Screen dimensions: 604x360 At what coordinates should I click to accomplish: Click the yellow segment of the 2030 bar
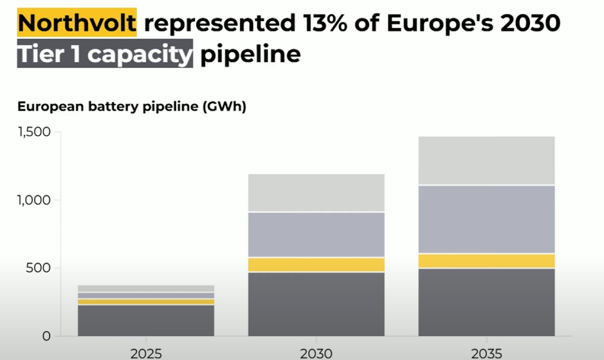[316, 265]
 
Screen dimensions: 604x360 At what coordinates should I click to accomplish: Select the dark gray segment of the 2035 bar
[486, 302]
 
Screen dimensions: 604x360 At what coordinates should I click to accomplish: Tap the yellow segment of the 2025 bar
[146, 302]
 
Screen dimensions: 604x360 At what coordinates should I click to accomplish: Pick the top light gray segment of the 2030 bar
[316, 193]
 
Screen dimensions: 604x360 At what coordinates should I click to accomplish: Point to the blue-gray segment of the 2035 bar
[486, 219]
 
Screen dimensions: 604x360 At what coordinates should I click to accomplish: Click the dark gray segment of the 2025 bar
[146, 321]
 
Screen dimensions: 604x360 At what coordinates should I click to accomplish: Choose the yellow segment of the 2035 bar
[486, 261]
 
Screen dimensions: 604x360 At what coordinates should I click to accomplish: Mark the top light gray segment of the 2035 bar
[486, 161]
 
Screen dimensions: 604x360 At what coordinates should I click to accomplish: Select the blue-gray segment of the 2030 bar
[316, 235]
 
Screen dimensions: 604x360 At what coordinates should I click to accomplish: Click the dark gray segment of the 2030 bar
[316, 305]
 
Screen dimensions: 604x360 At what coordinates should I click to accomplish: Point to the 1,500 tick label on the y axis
[34, 132]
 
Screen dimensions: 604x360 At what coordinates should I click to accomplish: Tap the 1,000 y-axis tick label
[34, 200]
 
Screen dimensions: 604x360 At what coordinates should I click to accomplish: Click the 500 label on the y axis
[38, 268]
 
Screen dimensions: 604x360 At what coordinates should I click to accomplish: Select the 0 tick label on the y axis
[46, 336]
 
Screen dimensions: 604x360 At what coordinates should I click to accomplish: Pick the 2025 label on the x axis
[146, 354]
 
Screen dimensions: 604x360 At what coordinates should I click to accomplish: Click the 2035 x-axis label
[486, 354]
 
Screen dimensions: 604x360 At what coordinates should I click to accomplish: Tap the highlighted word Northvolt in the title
[77, 22]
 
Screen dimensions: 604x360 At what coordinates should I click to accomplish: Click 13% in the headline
[325, 23]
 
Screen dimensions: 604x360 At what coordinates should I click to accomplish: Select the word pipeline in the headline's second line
[250, 54]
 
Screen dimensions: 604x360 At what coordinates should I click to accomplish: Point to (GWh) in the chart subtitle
[224, 106]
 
